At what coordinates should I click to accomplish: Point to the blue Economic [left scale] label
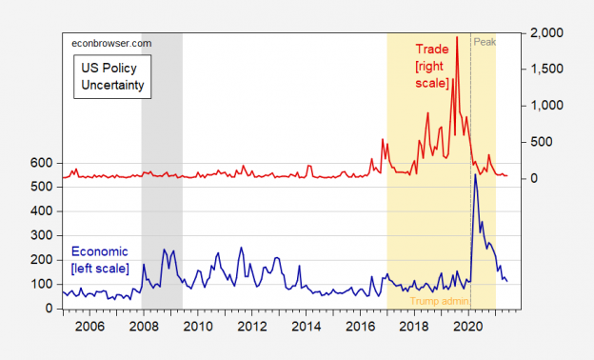point(100,260)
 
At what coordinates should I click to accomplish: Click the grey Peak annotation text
point(485,42)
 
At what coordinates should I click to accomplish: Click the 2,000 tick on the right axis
point(548,33)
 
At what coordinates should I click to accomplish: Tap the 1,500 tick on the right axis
point(548,70)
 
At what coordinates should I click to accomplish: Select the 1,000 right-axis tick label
point(548,106)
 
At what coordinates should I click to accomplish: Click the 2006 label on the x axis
point(89,326)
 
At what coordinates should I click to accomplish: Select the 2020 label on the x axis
point(468,326)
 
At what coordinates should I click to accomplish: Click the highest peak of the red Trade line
point(457,37)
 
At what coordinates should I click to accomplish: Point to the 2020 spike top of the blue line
point(475,175)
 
